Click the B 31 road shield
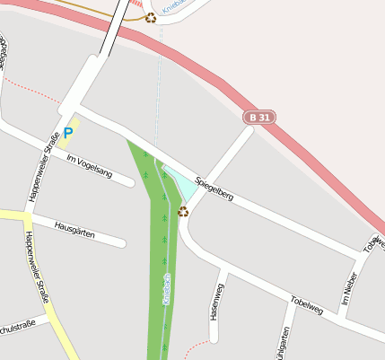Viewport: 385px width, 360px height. [x=259, y=118]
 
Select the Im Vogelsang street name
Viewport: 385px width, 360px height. [x=89, y=166]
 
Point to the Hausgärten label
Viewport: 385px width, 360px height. [x=74, y=229]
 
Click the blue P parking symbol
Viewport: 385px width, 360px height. [x=68, y=133]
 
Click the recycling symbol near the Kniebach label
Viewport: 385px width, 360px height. [x=151, y=17]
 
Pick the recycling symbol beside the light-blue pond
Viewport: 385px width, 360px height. [x=183, y=211]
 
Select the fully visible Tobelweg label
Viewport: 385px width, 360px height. [x=307, y=304]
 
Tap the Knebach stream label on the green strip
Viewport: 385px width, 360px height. [x=167, y=292]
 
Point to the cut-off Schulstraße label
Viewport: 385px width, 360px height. [x=16, y=325]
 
